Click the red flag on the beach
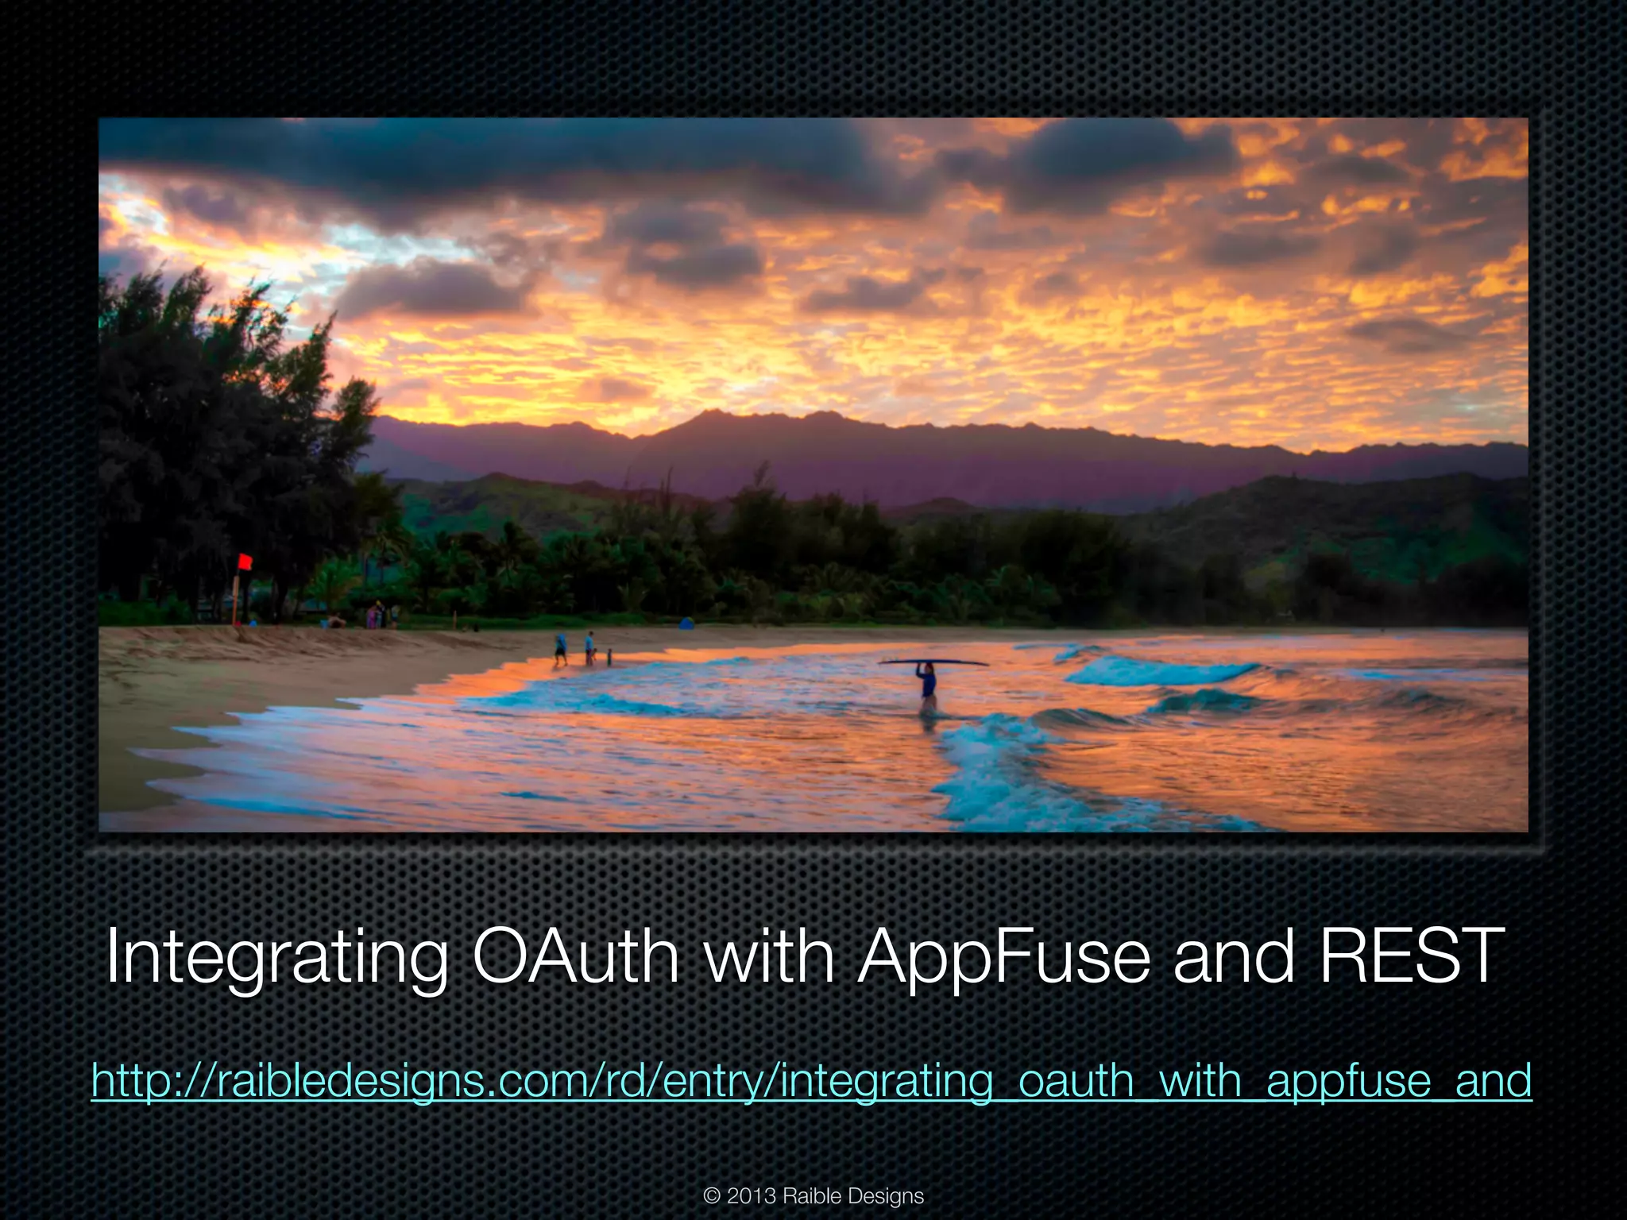tap(245, 562)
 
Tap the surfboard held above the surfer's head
tap(933, 662)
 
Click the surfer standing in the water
tap(927, 685)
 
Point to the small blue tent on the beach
tap(686, 624)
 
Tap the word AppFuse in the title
tap(1004, 958)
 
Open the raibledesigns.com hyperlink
tap(811, 1081)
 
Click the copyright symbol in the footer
tap(712, 1196)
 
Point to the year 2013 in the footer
tap(751, 1196)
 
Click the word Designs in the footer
tap(887, 1196)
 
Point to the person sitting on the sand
tap(337, 622)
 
